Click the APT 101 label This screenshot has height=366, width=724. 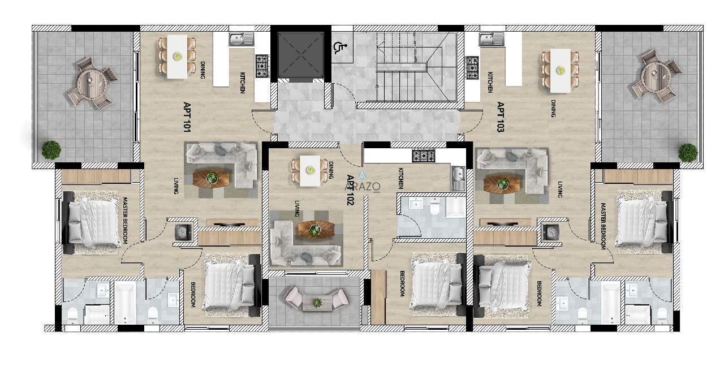point(187,117)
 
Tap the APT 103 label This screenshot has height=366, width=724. point(501,117)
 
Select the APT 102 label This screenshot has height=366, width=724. point(350,190)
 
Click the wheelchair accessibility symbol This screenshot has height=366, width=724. point(338,47)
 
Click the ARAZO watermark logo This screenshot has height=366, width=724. point(363,183)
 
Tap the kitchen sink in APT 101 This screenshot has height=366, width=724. point(242,40)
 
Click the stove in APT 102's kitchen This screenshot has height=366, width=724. point(424,156)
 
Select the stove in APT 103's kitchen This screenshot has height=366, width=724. point(472,68)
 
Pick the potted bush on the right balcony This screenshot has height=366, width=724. point(688,152)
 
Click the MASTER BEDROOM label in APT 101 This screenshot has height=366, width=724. point(124,221)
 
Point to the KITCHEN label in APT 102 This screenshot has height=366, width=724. point(401,178)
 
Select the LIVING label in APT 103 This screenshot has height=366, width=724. point(560,190)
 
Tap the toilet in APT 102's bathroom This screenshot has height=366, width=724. point(435,207)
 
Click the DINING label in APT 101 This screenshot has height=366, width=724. point(202,70)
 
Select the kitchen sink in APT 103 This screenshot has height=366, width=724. point(492,40)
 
